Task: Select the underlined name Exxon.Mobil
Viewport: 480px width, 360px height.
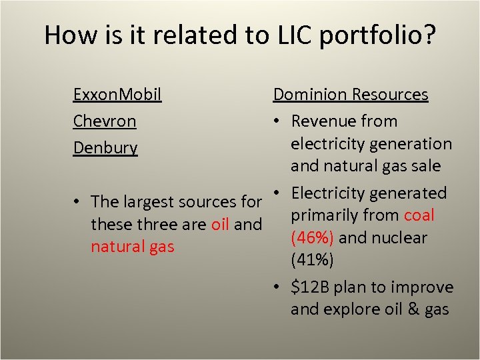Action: (117, 94)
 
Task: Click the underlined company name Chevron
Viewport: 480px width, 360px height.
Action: (105, 121)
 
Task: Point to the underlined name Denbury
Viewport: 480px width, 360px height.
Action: (105, 148)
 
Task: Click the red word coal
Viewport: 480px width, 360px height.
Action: (419, 215)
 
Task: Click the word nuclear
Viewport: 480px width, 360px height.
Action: (399, 238)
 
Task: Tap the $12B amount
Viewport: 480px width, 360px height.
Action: (310, 287)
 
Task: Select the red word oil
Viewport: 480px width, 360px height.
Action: (220, 224)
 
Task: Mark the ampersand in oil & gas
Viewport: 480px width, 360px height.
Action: (411, 309)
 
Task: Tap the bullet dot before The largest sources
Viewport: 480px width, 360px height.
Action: (78, 202)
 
